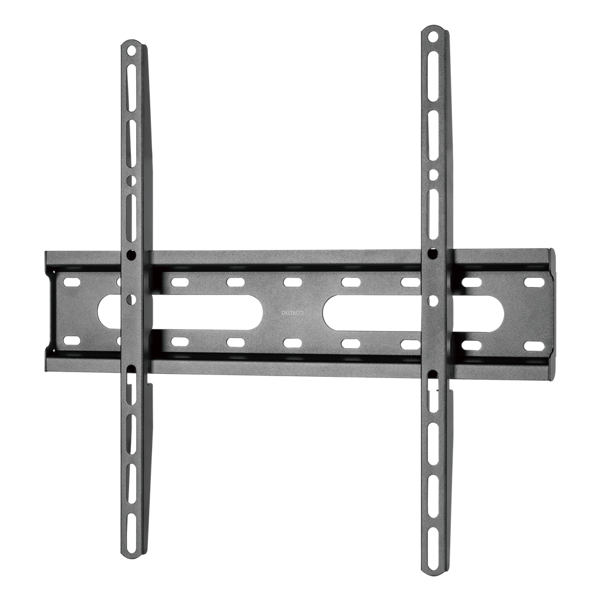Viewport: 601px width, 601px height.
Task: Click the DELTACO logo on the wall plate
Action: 292,313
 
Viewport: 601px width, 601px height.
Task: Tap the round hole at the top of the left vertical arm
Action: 131,50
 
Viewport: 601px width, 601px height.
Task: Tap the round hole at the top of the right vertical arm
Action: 433,38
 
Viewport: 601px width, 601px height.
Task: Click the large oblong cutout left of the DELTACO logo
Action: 180,311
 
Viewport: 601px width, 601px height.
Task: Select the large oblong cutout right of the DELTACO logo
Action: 413,311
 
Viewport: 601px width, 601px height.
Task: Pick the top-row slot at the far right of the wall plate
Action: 534,282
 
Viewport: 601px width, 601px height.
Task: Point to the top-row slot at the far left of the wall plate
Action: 72,282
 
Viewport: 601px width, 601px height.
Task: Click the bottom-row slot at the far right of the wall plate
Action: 534,346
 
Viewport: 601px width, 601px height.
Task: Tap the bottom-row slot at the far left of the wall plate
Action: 72,341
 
